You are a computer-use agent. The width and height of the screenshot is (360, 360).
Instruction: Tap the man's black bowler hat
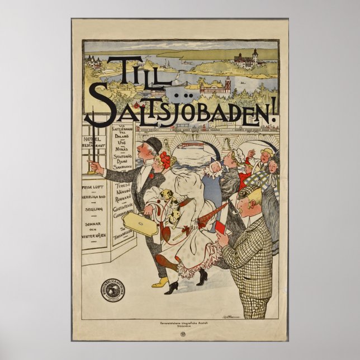tap(154, 145)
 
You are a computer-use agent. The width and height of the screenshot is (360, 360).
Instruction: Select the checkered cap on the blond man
tap(249, 190)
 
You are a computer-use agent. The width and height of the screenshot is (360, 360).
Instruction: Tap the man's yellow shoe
tap(159, 283)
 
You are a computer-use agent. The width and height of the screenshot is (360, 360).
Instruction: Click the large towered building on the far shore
tap(248, 58)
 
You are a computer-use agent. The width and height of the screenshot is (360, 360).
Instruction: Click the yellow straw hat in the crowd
tap(268, 151)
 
